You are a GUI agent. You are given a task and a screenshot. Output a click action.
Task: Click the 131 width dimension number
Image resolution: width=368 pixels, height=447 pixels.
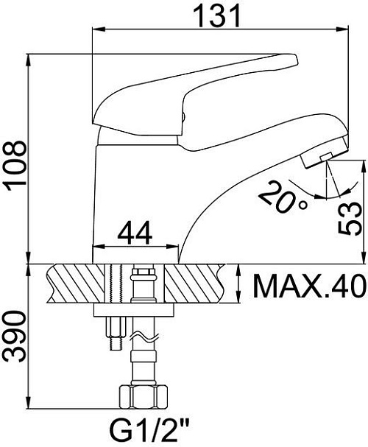click(216, 16)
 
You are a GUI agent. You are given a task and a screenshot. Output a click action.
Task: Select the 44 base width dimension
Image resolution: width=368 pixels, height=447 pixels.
click(135, 233)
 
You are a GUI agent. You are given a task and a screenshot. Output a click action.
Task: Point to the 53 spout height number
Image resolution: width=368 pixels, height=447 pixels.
click(350, 218)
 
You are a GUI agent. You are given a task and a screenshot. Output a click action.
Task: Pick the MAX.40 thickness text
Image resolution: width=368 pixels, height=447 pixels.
click(309, 286)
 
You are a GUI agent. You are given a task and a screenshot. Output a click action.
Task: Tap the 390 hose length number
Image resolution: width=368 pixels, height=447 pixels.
click(16, 337)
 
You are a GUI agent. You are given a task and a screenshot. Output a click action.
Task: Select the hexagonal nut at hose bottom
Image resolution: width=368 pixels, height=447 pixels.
click(143, 396)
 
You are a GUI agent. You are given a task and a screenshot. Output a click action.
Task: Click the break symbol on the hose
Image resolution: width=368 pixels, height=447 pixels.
click(144, 337)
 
